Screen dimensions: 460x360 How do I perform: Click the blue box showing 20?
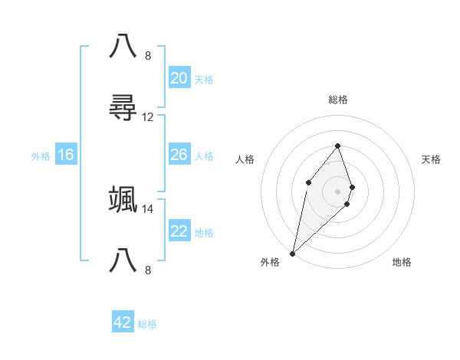pyautogui.click(x=179, y=78)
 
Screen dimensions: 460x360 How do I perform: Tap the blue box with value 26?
pyautogui.click(x=179, y=155)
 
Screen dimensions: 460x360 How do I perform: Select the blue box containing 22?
pyautogui.click(x=179, y=231)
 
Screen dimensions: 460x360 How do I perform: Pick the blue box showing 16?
pyautogui.click(x=66, y=155)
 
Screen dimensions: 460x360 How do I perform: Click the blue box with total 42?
pyautogui.click(x=123, y=322)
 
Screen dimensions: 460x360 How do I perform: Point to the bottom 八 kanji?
pyautogui.click(x=123, y=261)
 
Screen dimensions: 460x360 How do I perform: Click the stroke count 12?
pyautogui.click(x=148, y=117)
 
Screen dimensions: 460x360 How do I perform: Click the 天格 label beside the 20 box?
pyautogui.click(x=204, y=80)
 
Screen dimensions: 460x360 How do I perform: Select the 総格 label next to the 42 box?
pyautogui.click(x=147, y=324)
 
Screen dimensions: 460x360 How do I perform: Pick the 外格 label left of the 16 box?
pyautogui.click(x=41, y=156)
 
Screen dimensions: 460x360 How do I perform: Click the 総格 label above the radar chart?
pyautogui.click(x=337, y=100)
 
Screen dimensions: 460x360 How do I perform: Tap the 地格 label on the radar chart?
pyautogui.click(x=402, y=262)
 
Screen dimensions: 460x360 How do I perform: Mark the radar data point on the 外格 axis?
pyautogui.click(x=292, y=253)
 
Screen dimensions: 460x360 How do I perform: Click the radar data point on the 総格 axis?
pyautogui.click(x=337, y=146)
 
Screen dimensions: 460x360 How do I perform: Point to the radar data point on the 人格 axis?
pyautogui.click(x=308, y=182)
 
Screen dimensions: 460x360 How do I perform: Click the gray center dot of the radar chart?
pyautogui.click(x=337, y=191)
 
